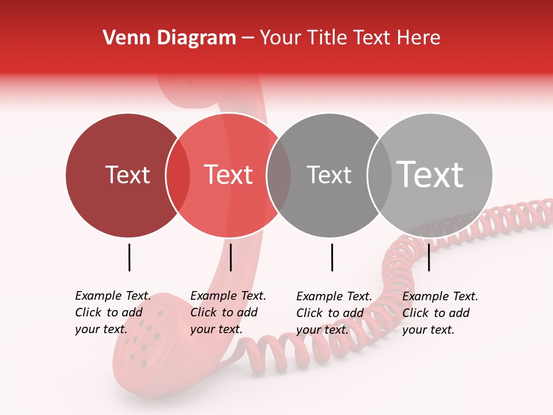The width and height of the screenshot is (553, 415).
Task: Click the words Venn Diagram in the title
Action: coord(169,38)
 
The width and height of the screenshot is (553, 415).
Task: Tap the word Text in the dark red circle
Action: coord(127,175)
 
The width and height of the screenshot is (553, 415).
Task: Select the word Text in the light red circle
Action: coord(228,175)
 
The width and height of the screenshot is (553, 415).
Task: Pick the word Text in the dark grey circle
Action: coord(329,175)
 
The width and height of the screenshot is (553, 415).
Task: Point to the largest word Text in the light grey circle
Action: coord(430,174)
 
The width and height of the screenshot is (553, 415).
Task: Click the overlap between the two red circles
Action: coord(178,175)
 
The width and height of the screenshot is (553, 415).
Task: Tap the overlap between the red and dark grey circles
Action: coord(279,175)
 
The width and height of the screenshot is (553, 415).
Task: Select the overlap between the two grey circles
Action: coord(379,175)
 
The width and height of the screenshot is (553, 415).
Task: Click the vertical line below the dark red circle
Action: coord(130,257)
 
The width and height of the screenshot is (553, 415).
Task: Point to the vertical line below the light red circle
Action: coord(230,257)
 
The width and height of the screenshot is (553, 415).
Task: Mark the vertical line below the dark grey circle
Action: coord(332,257)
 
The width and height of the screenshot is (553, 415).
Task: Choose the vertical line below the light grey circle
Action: coord(429,257)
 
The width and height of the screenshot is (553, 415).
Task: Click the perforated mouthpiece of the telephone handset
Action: coord(144,340)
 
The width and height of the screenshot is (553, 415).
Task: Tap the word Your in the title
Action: coord(281,38)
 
